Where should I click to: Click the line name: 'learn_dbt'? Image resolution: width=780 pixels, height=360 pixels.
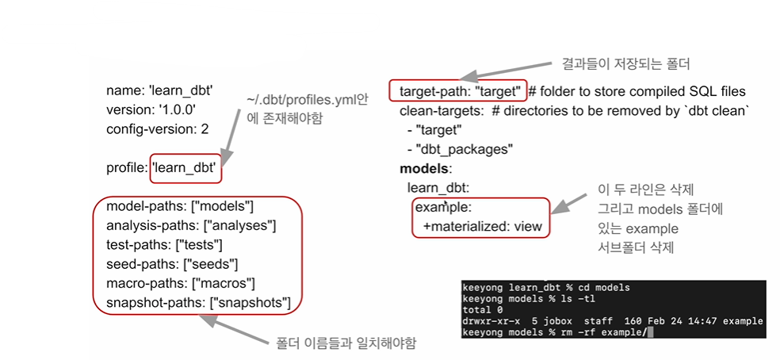coord(159,90)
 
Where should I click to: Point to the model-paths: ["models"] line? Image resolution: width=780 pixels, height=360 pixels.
coord(179,207)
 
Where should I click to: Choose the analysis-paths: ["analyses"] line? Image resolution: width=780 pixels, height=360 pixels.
coord(190,226)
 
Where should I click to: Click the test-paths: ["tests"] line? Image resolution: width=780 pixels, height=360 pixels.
coord(164,245)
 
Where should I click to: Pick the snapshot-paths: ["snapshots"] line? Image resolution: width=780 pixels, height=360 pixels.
coord(198,302)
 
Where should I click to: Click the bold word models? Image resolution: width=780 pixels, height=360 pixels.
coord(425,168)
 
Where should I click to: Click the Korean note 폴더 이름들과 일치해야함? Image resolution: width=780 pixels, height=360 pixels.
coord(346,343)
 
